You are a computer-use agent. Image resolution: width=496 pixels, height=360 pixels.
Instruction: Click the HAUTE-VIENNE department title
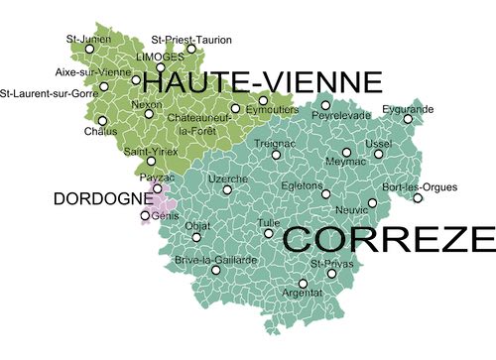click(269, 81)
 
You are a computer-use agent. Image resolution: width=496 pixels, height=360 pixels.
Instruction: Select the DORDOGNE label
click(96, 198)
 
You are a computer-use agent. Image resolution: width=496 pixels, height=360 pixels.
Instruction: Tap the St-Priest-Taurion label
click(191, 40)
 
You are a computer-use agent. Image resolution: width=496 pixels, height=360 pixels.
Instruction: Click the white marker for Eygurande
click(408, 119)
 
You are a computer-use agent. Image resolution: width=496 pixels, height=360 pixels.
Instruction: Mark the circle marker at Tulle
click(268, 233)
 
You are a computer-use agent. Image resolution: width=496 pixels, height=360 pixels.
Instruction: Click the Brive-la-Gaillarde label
click(215, 259)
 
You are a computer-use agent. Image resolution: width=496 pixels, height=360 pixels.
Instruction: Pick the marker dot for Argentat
click(303, 284)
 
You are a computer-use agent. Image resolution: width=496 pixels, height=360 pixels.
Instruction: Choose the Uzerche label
click(227, 178)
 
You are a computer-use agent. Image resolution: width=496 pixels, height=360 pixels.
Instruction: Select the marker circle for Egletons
click(325, 193)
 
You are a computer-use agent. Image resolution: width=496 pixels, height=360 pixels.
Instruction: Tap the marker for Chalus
click(102, 120)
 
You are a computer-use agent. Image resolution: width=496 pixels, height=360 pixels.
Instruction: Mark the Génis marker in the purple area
click(145, 215)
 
